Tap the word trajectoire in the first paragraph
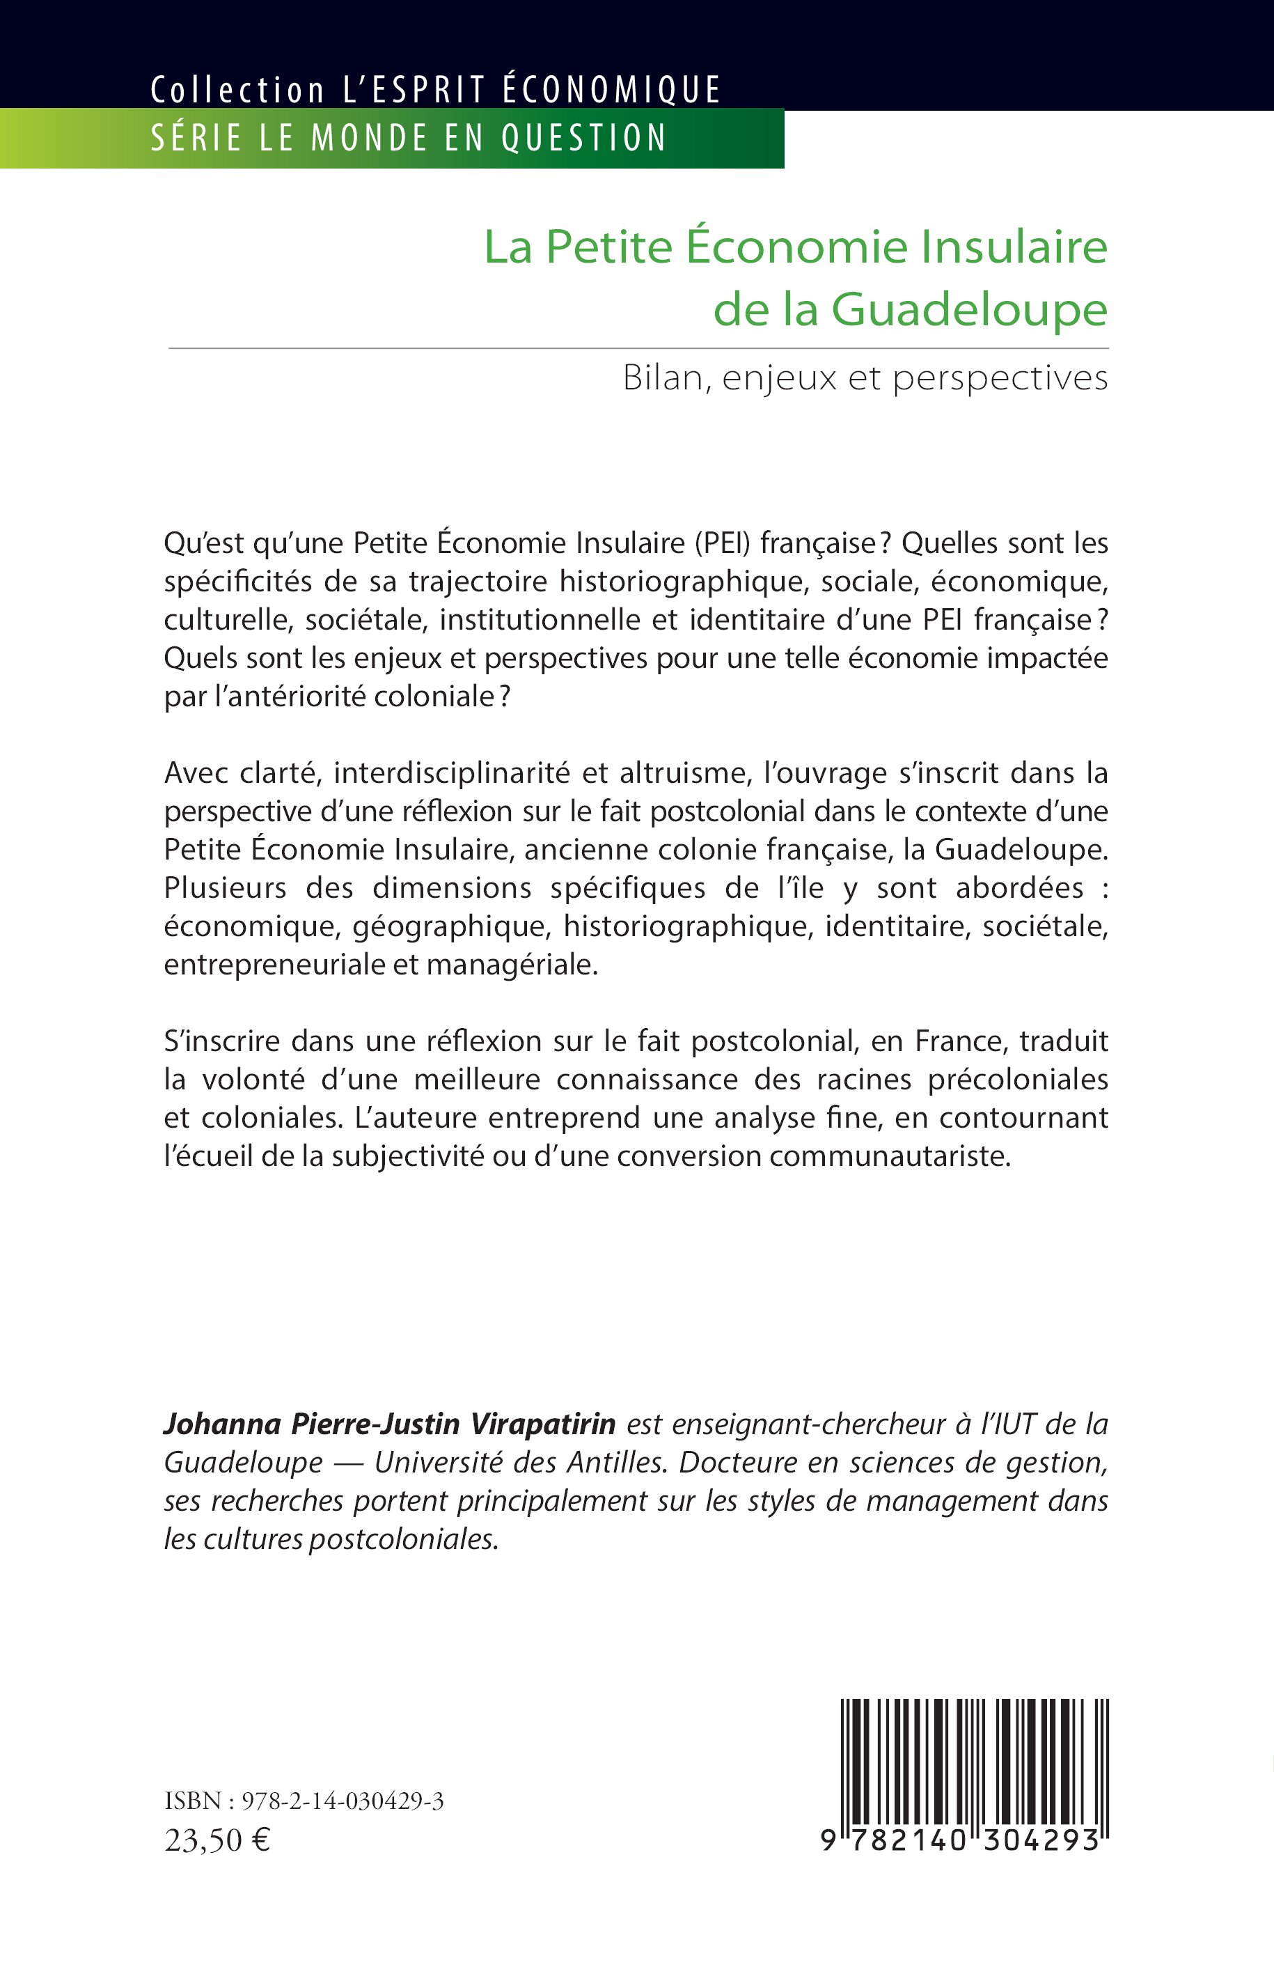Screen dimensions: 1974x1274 tap(470, 582)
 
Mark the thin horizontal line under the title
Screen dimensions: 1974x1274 tap(638, 348)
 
